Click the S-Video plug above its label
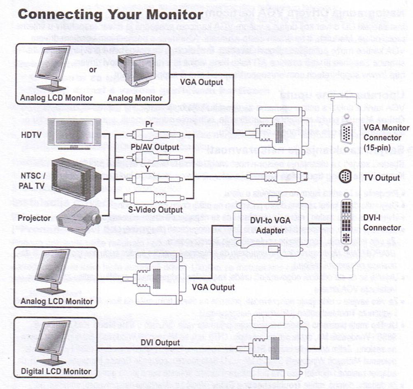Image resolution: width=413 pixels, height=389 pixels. [x=152, y=197]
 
